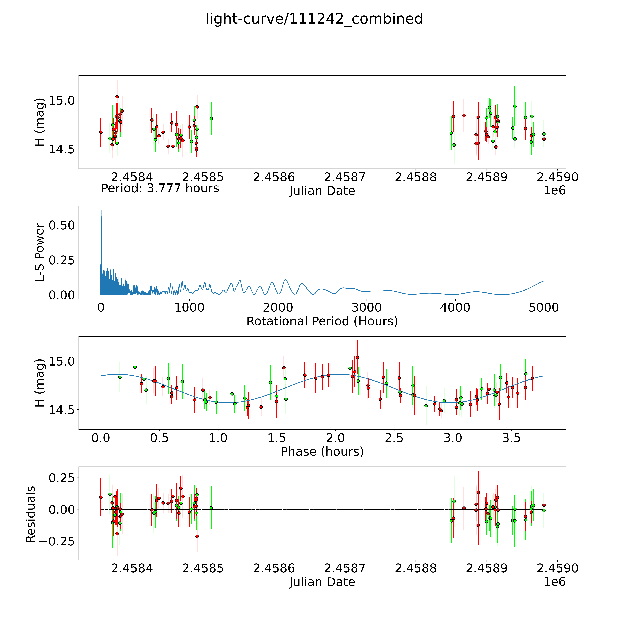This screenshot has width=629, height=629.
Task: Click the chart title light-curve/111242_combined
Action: click(314, 19)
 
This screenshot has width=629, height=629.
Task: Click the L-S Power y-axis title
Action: click(40, 252)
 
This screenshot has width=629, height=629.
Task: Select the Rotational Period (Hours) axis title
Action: click(322, 321)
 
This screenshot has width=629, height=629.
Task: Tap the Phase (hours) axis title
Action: click(322, 452)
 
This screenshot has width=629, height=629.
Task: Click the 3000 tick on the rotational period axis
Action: click(367, 308)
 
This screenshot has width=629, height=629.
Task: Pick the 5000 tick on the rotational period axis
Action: click(544, 308)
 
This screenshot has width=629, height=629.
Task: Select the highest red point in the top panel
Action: click(117, 97)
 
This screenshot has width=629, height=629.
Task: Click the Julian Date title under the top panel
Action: click(322, 191)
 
